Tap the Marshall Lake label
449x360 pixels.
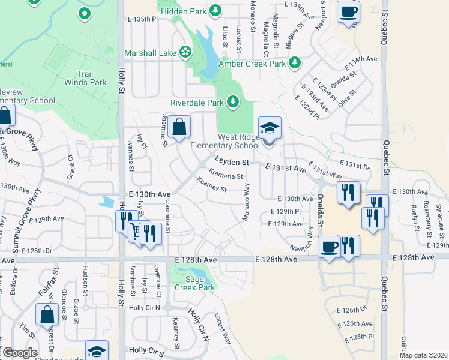point(150,53)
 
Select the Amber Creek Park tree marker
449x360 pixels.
point(294,62)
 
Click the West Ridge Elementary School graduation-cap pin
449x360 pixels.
point(270,127)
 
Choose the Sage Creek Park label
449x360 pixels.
point(194,283)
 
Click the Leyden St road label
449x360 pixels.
point(232,162)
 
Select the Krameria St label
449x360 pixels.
point(226,176)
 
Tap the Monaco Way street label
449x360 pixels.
point(246,202)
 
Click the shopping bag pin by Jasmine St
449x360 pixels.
point(179,127)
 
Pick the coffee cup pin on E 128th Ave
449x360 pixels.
point(329,247)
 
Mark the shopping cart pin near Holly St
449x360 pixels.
point(139,230)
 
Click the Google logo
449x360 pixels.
point(20,353)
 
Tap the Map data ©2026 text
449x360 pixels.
point(423,355)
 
